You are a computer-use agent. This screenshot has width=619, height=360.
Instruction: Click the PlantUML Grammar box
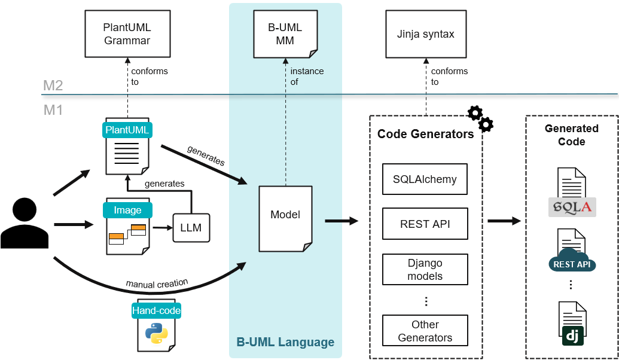(x=127, y=35)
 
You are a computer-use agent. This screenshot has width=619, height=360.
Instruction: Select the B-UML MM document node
(x=285, y=35)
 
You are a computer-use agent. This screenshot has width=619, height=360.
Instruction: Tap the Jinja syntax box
(x=425, y=35)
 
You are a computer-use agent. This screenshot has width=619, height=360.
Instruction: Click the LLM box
(x=191, y=227)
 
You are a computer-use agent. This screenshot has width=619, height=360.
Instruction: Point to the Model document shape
(x=285, y=217)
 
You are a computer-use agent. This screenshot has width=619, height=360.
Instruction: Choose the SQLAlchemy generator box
(x=425, y=179)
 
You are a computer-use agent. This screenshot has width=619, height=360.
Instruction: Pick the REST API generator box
(x=425, y=224)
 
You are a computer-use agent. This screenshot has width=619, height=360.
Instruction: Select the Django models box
(x=425, y=270)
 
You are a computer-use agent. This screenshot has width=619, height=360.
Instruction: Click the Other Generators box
(x=425, y=331)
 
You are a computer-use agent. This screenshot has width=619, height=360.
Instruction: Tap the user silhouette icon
(x=24, y=223)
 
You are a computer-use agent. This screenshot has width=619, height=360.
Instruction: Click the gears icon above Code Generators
(x=480, y=118)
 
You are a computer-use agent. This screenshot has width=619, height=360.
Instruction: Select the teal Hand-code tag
(x=156, y=310)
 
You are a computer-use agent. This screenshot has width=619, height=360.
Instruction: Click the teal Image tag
(x=127, y=210)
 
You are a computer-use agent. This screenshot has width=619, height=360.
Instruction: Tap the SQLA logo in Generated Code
(x=572, y=207)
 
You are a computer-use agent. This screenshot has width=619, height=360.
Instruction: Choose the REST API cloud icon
(x=572, y=261)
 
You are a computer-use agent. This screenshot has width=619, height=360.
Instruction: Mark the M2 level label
(x=53, y=86)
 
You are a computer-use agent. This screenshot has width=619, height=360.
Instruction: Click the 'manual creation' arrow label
(x=157, y=284)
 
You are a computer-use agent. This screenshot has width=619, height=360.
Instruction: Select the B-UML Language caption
(x=285, y=343)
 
